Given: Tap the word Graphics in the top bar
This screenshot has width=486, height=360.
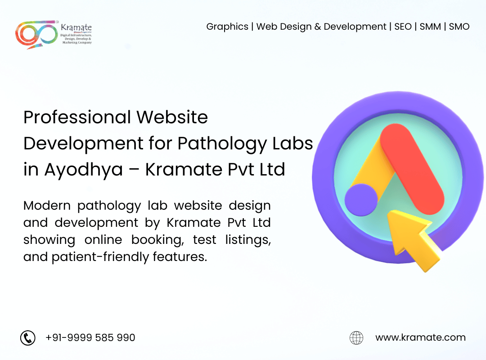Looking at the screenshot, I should pyautogui.click(x=227, y=27).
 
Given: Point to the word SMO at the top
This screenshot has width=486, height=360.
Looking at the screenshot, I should pyautogui.click(x=459, y=27).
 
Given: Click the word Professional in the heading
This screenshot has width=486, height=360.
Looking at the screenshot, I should pyautogui.click(x=77, y=118).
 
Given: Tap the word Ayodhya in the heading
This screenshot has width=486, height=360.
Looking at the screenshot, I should pyautogui.click(x=83, y=170).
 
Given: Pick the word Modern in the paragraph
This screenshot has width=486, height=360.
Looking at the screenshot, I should pyautogui.click(x=47, y=206).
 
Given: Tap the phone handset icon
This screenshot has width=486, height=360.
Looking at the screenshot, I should pyautogui.click(x=28, y=337).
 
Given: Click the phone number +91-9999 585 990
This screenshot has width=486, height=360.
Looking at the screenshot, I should pyautogui.click(x=90, y=337).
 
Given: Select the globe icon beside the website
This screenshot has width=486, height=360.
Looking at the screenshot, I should pyautogui.click(x=356, y=337).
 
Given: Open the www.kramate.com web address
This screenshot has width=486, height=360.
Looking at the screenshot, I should pyautogui.click(x=420, y=337).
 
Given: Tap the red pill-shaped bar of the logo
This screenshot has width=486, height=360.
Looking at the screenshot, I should pyautogui.click(x=412, y=169).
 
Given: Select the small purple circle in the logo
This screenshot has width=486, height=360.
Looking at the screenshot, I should pyautogui.click(x=360, y=199).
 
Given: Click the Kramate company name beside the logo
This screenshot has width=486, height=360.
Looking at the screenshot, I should pyautogui.click(x=76, y=28).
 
